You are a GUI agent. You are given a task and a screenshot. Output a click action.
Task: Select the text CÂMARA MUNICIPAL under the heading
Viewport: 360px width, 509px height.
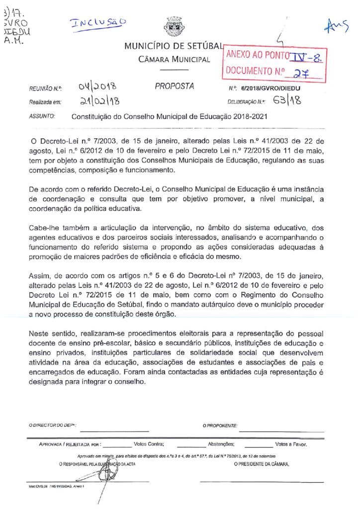click(174, 60)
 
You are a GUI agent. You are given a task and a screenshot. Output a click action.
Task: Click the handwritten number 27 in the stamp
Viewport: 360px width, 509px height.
click(299, 74)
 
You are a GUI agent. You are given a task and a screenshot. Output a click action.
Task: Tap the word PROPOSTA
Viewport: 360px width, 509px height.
click(174, 86)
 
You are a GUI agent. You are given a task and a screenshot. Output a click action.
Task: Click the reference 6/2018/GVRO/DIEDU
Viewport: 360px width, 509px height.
click(270, 88)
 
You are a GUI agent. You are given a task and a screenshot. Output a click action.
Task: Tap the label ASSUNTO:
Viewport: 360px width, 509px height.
click(42, 117)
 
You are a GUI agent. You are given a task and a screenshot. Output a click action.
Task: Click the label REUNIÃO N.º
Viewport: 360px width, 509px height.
click(45, 88)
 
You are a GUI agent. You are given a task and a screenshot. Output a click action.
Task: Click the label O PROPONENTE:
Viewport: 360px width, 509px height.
click(220, 425)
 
